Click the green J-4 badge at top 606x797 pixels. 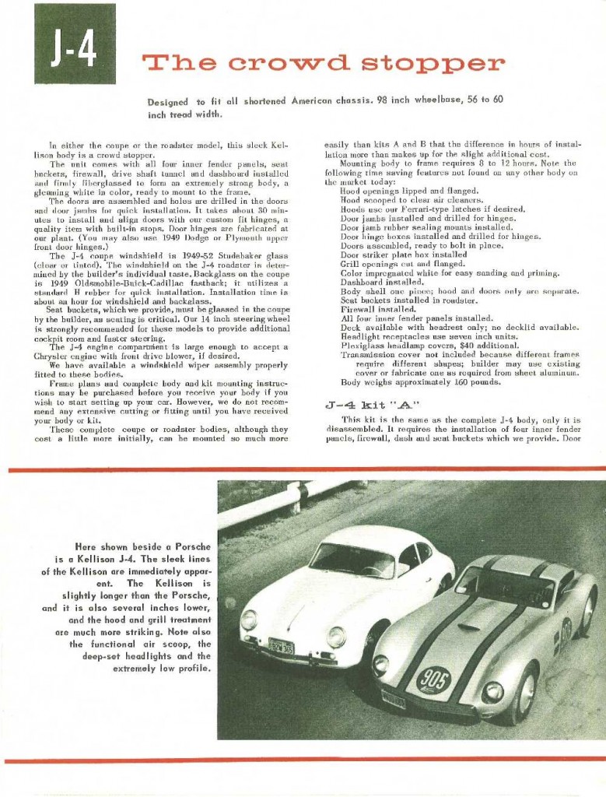[x=75, y=44]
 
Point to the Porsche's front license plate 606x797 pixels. [x=281, y=646]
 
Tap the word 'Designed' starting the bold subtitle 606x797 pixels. [x=167, y=102]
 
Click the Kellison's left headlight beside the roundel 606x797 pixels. [x=381, y=666]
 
